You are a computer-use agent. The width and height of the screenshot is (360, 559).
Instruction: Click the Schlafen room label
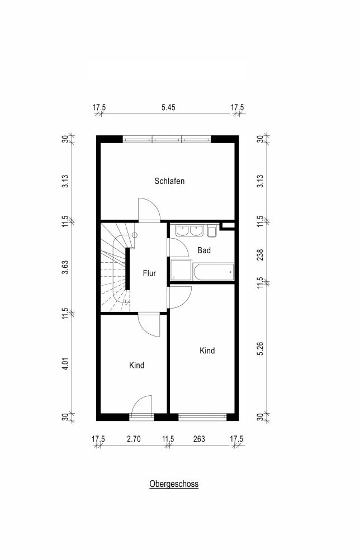click(169, 181)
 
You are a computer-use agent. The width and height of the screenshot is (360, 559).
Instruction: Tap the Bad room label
click(204, 250)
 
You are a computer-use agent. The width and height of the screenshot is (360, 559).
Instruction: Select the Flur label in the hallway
click(149, 273)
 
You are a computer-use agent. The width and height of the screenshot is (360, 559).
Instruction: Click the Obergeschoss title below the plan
click(174, 484)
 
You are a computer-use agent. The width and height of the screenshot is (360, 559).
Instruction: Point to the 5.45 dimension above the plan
click(168, 107)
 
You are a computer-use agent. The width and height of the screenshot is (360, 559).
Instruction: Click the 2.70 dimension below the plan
click(134, 439)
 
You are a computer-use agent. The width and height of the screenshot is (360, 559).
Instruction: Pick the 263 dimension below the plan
click(199, 439)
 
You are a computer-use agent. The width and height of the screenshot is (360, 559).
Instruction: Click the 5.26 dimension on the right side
click(260, 348)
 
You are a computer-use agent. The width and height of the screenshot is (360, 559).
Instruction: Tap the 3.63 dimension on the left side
click(65, 267)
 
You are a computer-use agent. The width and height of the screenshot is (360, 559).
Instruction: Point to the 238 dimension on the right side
click(260, 254)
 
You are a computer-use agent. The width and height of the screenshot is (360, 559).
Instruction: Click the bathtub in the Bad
click(213, 272)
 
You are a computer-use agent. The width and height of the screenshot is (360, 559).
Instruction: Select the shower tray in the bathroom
click(181, 270)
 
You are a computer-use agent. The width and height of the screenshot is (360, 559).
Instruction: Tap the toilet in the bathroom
click(212, 231)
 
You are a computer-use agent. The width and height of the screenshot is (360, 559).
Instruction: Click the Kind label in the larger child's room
click(207, 350)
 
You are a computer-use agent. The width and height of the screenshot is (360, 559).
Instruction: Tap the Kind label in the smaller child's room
click(136, 365)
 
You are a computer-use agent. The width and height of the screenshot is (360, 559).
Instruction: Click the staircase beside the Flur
click(115, 267)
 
